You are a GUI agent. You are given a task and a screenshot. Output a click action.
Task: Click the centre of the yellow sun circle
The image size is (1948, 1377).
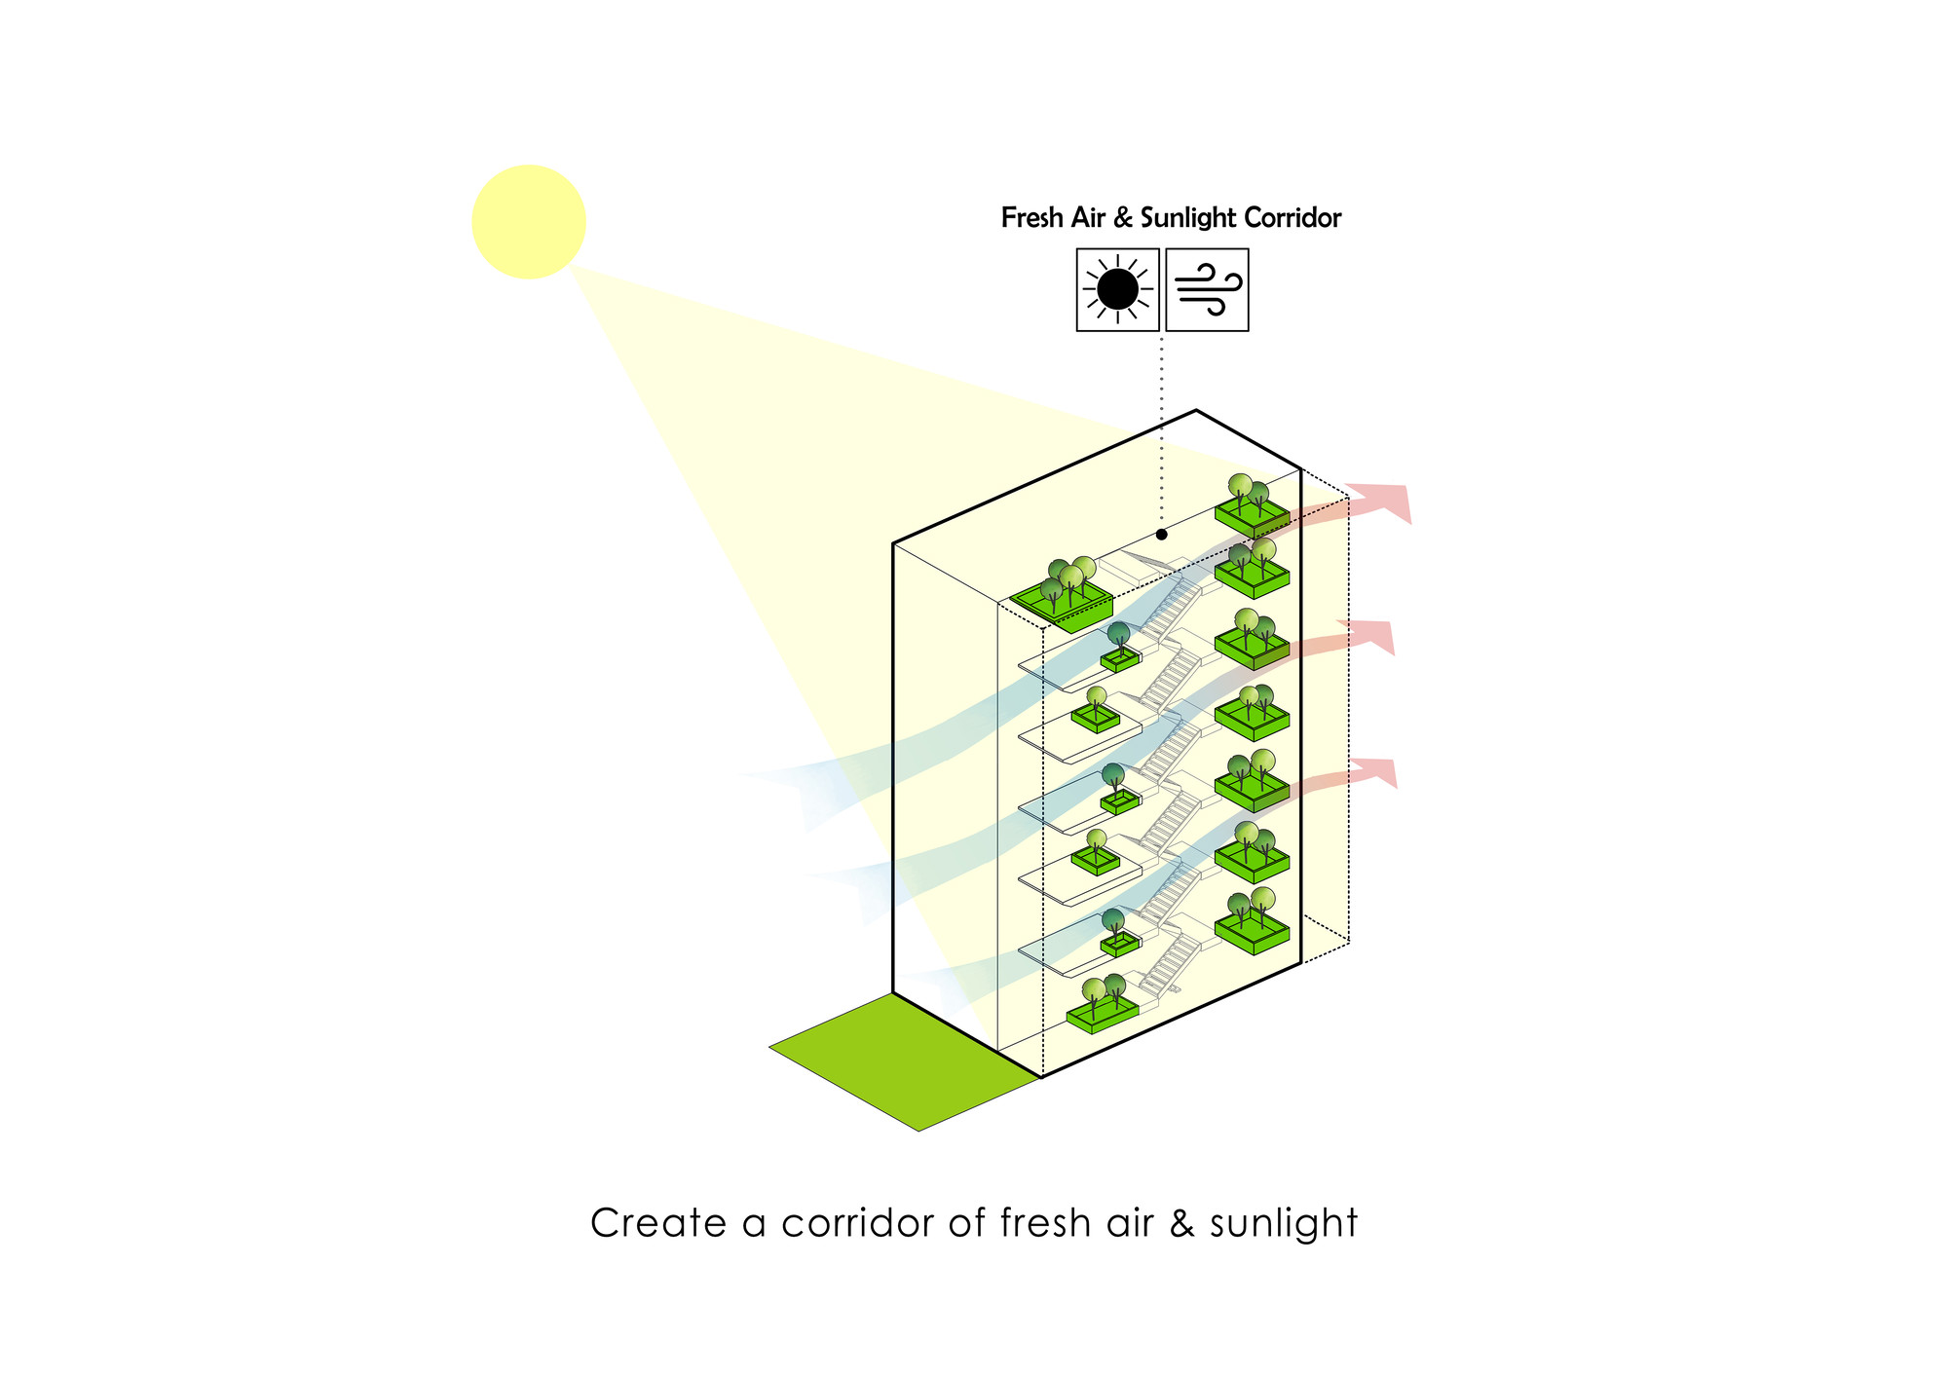click(529, 222)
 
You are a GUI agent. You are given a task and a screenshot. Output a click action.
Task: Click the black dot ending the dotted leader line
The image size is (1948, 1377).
click(1162, 535)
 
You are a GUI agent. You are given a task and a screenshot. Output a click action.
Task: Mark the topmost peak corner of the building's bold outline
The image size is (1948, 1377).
click(1196, 411)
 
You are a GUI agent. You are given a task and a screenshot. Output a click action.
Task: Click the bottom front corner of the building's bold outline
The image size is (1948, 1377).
click(1042, 1077)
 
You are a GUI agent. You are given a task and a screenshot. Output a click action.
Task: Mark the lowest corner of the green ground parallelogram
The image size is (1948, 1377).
click(919, 1131)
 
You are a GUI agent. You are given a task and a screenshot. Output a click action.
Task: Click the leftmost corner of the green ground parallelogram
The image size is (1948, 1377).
click(769, 1048)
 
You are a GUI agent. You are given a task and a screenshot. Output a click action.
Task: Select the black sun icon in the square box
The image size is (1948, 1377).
click(1118, 289)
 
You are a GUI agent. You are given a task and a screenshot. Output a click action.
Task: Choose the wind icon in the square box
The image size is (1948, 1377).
click(1208, 289)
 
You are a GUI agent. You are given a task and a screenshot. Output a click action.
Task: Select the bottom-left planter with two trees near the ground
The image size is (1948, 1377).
click(1103, 1004)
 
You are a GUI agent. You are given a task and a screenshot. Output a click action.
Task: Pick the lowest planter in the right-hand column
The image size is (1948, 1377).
click(1252, 921)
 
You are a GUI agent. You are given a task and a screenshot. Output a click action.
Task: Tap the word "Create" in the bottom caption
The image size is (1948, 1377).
click(658, 1223)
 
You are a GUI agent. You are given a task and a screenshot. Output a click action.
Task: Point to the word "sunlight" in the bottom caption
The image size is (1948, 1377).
click(1284, 1224)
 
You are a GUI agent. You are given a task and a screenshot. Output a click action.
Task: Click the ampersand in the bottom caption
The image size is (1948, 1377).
click(1181, 1223)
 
